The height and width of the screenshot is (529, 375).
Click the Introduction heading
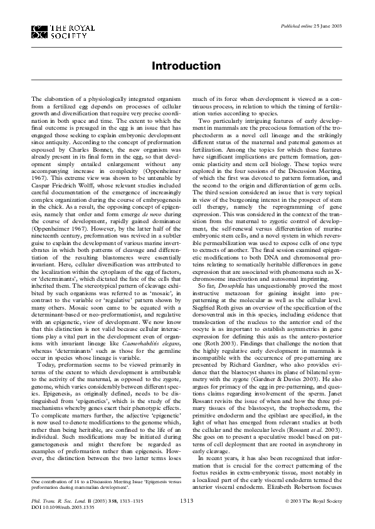pos(187,66)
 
